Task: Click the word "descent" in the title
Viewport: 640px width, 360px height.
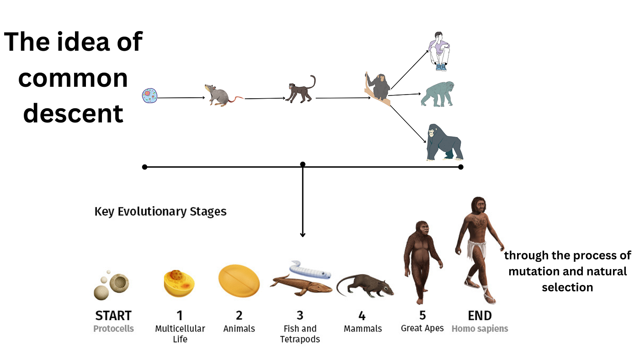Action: pos(74,113)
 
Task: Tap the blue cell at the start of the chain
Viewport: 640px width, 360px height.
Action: pos(149,96)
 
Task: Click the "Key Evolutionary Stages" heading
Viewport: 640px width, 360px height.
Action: pos(160,212)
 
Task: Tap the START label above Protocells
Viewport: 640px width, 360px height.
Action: pos(113,315)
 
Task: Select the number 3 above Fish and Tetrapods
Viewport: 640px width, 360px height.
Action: pos(300,315)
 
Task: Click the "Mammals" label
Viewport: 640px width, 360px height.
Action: pos(363,328)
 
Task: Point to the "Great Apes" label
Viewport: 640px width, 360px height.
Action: pos(422,328)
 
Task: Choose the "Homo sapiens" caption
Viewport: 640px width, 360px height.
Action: pos(480,328)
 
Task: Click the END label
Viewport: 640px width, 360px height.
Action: pos(480,315)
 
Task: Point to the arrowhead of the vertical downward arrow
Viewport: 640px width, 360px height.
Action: pos(302,235)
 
